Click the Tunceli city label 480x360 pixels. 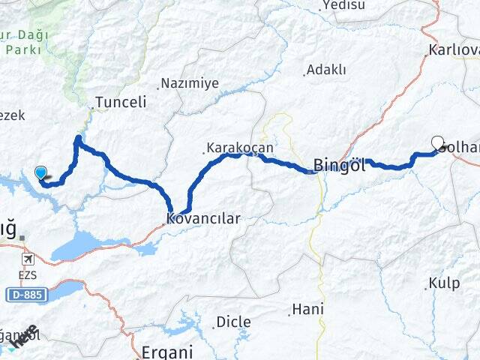click(120, 103)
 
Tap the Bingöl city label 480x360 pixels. click(339, 166)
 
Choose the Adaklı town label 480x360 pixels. click(328, 70)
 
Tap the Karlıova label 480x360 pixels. click(453, 50)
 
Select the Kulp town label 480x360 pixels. click(444, 283)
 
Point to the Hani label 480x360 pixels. click(307, 309)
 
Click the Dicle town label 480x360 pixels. click(233, 322)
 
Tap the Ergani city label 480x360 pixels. click(167, 351)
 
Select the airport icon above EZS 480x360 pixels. click(28, 259)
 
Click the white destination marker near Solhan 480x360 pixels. click(438, 142)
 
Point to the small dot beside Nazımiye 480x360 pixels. click(159, 86)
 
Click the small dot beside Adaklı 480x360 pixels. click(304, 73)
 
